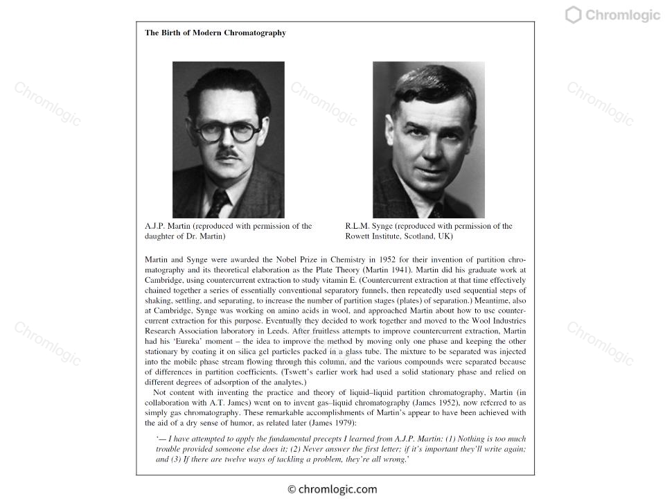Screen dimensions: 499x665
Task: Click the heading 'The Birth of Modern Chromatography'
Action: [215, 33]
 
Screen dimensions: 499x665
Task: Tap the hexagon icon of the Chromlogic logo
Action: [573, 15]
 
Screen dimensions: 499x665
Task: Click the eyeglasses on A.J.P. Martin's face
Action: [227, 131]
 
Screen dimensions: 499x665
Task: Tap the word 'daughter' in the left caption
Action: [160, 236]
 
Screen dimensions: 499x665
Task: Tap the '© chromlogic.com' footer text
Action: [332, 489]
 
